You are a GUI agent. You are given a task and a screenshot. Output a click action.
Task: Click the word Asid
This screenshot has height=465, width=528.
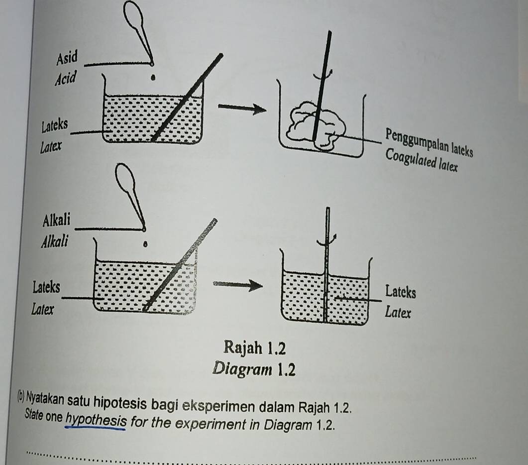click(x=67, y=58)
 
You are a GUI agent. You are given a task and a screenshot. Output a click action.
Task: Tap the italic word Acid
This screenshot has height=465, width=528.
click(x=66, y=78)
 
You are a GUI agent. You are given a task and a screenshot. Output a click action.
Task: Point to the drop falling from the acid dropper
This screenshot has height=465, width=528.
click(x=153, y=78)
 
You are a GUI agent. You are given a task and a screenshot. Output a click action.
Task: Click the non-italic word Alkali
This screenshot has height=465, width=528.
click(x=57, y=221)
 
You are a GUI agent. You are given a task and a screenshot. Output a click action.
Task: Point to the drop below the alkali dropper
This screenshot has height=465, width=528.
click(x=145, y=243)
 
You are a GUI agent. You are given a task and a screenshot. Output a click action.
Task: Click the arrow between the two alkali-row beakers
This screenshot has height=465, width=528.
click(x=238, y=286)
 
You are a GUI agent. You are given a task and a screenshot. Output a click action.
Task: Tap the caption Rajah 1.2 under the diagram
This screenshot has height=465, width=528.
click(x=255, y=348)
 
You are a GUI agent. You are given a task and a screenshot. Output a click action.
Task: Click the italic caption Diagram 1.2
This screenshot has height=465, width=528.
click(x=254, y=369)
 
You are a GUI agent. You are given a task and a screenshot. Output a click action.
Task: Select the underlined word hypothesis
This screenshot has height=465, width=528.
click(x=96, y=421)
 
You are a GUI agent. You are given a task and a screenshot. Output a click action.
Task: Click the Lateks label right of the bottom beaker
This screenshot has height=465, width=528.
click(x=401, y=292)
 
